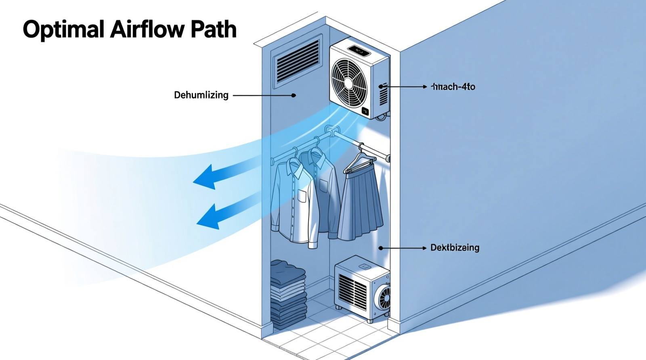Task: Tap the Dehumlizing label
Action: [x=201, y=95]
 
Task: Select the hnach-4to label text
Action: [x=453, y=87]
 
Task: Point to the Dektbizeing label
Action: [x=455, y=248]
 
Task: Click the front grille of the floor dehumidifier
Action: [x=352, y=291]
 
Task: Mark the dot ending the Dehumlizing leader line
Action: [x=294, y=95]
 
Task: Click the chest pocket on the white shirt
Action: [x=302, y=196]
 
